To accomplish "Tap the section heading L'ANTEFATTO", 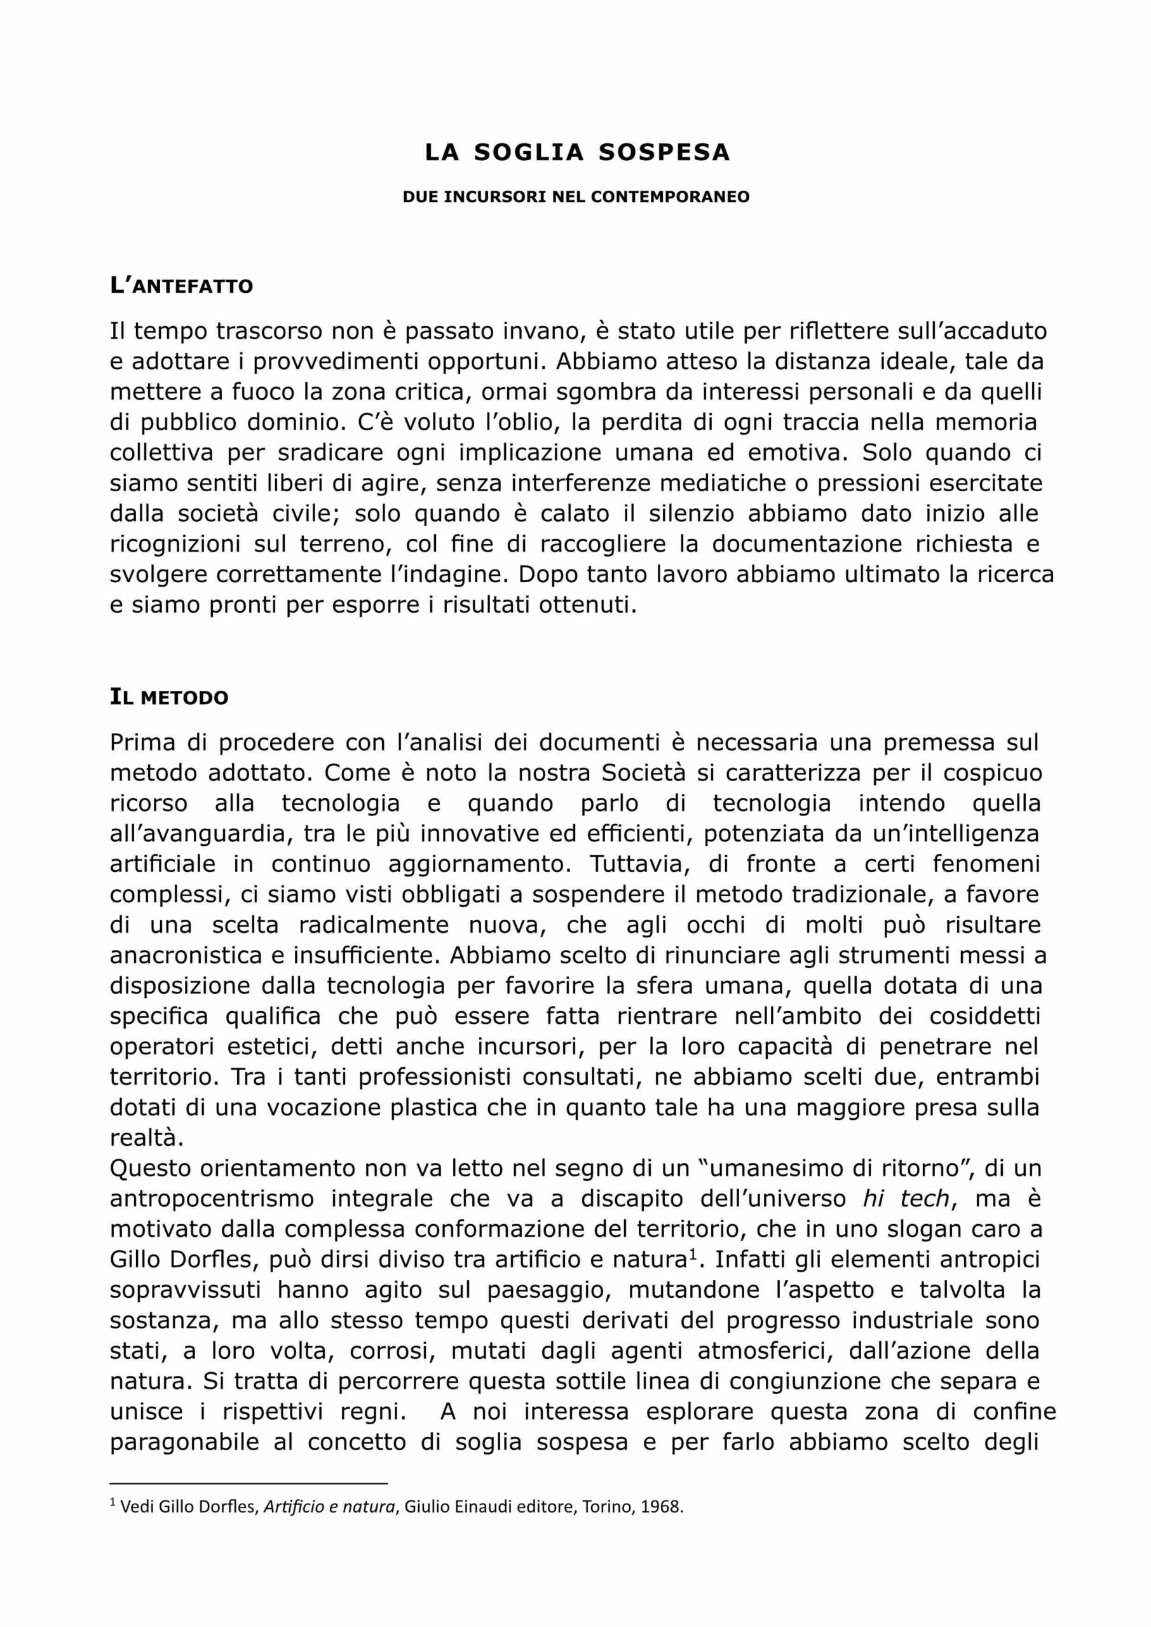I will coord(181,285).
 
